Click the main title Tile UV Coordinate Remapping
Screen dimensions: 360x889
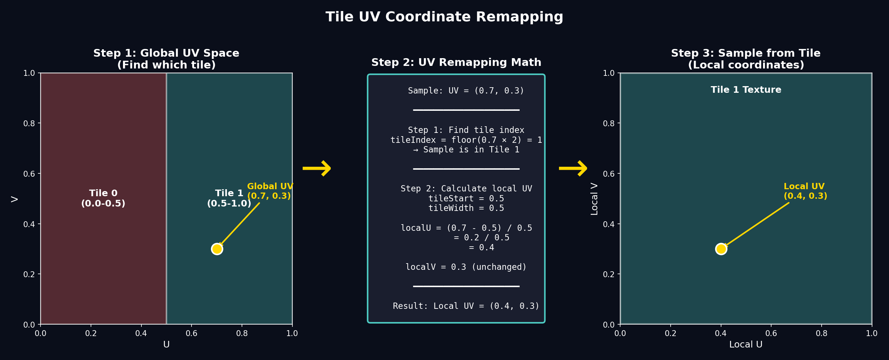[x=444, y=17]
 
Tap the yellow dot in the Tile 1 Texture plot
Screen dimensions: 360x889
[x=721, y=249]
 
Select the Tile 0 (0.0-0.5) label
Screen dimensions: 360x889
[x=103, y=198]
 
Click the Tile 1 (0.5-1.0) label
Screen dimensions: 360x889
[x=229, y=198]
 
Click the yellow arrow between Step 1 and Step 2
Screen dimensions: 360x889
[x=317, y=168]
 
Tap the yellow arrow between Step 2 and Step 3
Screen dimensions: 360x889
[x=573, y=168]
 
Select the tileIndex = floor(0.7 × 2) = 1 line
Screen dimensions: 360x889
[x=466, y=140]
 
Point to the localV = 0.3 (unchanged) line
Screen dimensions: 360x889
[x=466, y=267]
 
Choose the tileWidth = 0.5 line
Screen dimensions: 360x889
[x=466, y=208]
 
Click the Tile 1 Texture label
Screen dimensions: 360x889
[x=746, y=90]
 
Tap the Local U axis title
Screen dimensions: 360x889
[x=746, y=345]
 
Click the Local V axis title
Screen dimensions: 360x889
[x=594, y=199]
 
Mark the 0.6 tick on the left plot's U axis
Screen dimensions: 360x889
[x=191, y=333]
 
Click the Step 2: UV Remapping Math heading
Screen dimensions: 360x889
[x=456, y=63]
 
